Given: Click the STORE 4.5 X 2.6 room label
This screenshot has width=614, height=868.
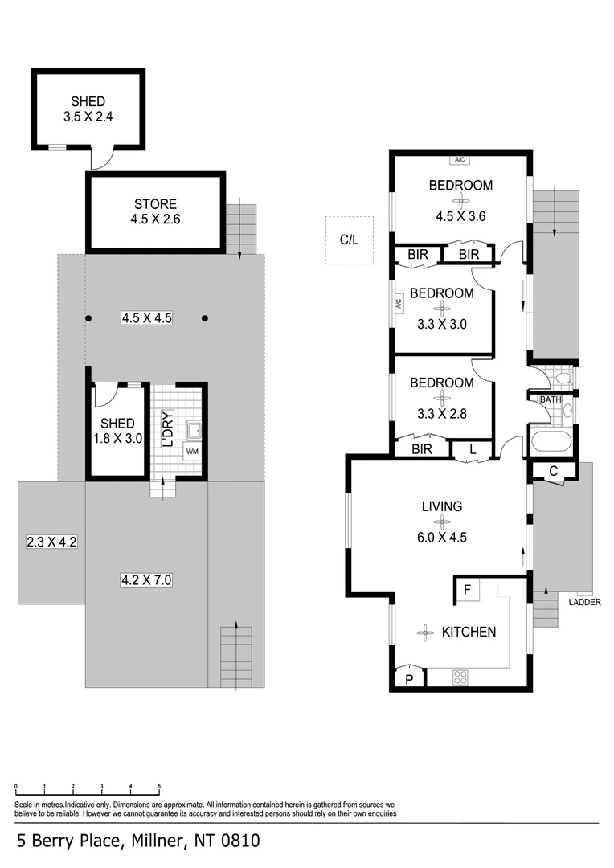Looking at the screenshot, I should coord(155,211).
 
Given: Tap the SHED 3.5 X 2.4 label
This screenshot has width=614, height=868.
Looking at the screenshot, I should coord(88,108).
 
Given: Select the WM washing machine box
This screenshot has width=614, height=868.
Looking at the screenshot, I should coord(191,451).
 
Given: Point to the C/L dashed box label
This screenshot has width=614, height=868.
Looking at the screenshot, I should coord(349,240).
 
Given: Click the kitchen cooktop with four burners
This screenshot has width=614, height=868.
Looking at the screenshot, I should coord(461,677).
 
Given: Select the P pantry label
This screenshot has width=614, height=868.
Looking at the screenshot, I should coord(409,679).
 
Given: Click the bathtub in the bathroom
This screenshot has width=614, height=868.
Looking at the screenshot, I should coord(551,441).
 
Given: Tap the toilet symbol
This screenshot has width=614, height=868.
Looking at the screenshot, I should coord(563,377).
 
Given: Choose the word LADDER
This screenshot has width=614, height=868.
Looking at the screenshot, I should coord(584,601).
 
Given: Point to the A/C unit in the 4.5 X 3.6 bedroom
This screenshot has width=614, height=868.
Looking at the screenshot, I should coord(459,159).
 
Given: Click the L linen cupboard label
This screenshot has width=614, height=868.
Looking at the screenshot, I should coord(473,450).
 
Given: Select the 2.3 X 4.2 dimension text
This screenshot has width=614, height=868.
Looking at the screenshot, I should coord(51,542).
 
